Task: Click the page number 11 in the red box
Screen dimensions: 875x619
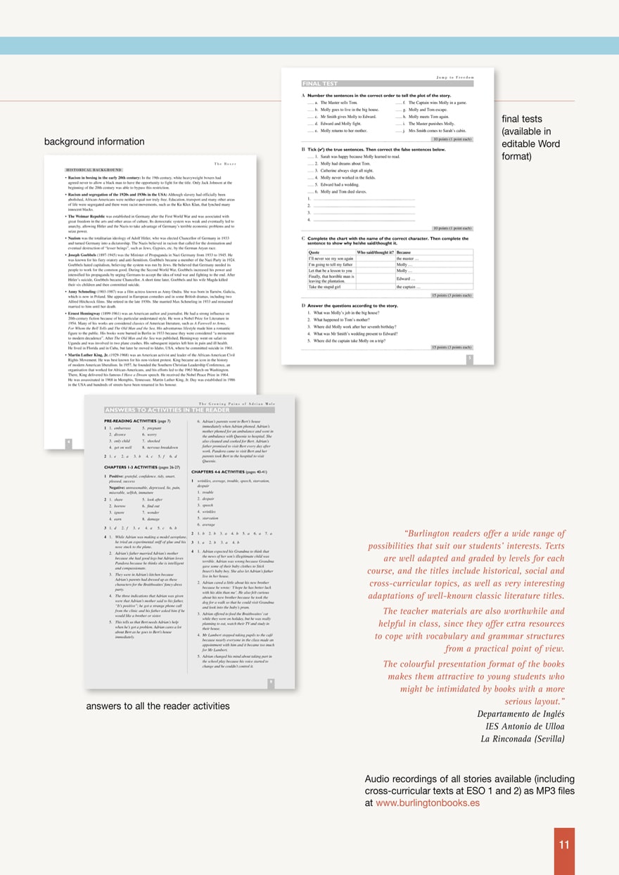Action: tap(564, 845)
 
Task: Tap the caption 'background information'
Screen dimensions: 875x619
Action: tap(94, 142)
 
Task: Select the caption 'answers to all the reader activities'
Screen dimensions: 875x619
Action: tap(158, 706)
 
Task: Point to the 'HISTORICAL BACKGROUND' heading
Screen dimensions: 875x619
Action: tap(94, 170)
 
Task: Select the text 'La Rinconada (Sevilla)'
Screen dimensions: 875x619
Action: tap(523, 739)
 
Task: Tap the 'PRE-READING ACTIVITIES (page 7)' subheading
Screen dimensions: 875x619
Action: tap(137, 420)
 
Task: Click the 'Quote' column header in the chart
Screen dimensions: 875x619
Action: tap(314, 252)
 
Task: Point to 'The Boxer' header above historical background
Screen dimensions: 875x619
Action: tap(224, 163)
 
